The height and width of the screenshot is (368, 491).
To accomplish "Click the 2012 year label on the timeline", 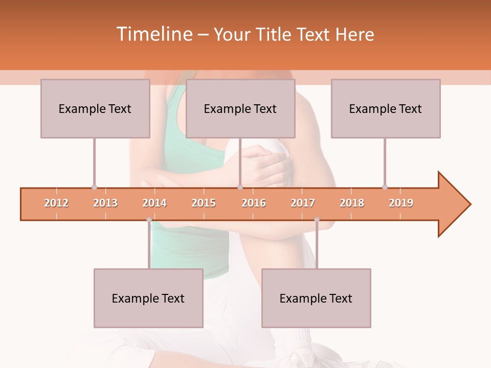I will (56, 203).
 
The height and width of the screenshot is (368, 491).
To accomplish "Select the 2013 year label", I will (105, 203).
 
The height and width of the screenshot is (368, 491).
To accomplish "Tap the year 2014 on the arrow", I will (154, 203).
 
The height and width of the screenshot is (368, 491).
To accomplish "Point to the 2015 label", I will (204, 203).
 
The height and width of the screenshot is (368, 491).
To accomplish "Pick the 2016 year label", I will (254, 203).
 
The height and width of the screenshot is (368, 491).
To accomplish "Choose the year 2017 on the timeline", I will (303, 203).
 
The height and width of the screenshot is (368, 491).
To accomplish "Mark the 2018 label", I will (352, 203).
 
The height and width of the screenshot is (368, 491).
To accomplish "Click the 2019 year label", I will (401, 203).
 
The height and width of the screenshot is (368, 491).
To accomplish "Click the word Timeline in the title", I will (153, 34).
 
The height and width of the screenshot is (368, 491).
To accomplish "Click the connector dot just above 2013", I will (94, 187).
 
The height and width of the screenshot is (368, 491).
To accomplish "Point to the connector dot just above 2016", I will (240, 187).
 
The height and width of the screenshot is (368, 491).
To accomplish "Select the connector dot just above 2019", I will (385, 187).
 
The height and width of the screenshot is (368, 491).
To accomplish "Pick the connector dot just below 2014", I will (149, 220).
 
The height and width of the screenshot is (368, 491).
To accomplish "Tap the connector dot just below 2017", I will (317, 220).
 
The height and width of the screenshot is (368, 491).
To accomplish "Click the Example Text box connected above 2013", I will (95, 108).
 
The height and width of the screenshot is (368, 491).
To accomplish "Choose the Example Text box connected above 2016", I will (240, 108).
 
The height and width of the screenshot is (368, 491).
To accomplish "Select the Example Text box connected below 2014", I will (148, 298).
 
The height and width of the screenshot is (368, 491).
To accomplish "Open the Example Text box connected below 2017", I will (316, 298).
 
